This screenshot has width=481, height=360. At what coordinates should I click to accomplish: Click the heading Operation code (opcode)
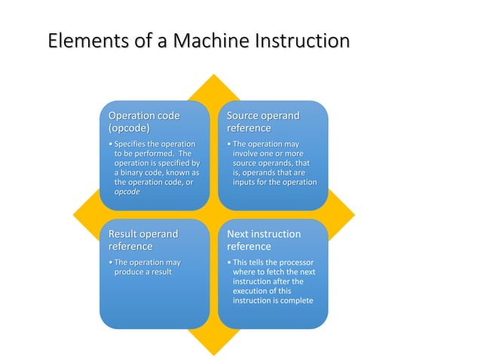click(145, 122)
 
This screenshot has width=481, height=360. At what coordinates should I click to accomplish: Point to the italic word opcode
click(127, 192)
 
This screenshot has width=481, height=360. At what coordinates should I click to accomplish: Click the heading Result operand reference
click(143, 240)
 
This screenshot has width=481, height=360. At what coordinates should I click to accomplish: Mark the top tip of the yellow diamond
click(215, 75)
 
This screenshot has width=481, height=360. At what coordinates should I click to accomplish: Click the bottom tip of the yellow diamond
click(215, 355)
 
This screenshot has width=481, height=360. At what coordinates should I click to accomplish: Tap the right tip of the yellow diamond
click(355, 215)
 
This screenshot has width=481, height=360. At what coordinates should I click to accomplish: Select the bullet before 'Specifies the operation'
click(111, 143)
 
